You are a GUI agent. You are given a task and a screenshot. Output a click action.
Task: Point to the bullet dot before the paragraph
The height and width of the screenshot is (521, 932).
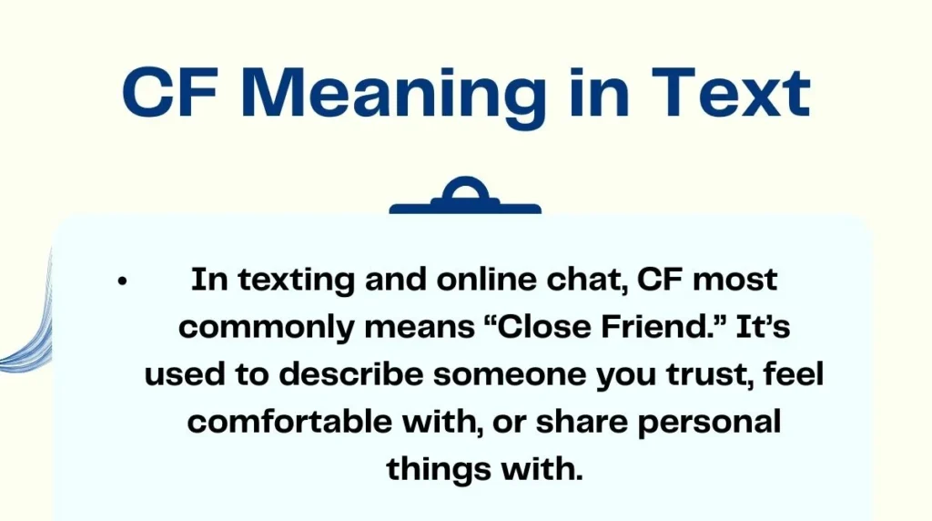click(x=122, y=281)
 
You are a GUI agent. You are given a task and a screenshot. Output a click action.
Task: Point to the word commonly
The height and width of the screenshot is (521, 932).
click(x=259, y=327)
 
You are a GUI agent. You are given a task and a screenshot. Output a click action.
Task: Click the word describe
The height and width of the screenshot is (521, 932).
click(x=334, y=374)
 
